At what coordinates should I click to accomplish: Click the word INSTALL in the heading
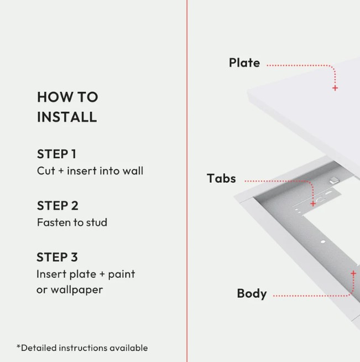pos(67,117)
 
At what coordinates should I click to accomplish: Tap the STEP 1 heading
pos(56,154)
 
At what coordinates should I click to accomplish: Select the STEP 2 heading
pos(58,206)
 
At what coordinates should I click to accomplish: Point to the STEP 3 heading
pos(57,257)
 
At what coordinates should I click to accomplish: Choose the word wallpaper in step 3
pos(76,290)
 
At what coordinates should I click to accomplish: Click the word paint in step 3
pos(122,275)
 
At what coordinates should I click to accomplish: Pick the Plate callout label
pos(244,63)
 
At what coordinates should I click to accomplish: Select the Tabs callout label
pos(221,178)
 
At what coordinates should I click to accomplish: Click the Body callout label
pos(252,294)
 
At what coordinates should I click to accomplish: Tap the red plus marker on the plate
pos(335,88)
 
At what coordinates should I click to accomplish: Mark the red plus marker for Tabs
pos(313,204)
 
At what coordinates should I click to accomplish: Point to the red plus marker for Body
pos(353,273)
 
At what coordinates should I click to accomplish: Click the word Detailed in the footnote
pos(39,348)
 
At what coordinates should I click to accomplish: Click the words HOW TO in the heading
pos(67,97)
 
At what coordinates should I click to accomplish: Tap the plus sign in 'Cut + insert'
pos(61,171)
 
